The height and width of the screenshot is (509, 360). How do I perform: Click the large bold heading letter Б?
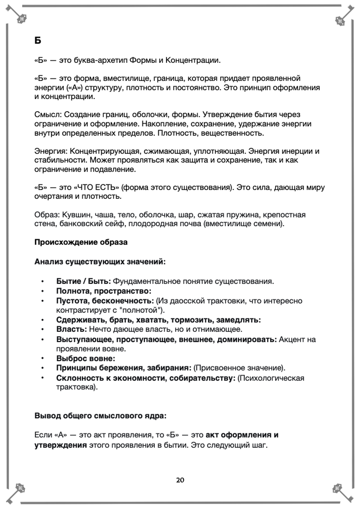pos(38,41)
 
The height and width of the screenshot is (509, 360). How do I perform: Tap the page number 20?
pos(180,480)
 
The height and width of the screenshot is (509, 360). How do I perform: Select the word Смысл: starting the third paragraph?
pos(48,115)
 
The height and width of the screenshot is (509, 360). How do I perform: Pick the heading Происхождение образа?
pos(81,242)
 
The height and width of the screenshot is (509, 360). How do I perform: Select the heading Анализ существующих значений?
pos(100,262)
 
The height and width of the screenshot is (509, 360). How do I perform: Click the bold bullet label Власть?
pos(71,329)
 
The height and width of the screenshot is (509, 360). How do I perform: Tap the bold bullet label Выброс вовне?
pos(86,359)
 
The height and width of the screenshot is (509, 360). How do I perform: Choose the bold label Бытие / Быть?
pos(84,281)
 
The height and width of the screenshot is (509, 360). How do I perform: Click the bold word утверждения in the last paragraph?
pos(60,445)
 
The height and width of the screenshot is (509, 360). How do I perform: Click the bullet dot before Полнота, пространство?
pos(42,291)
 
